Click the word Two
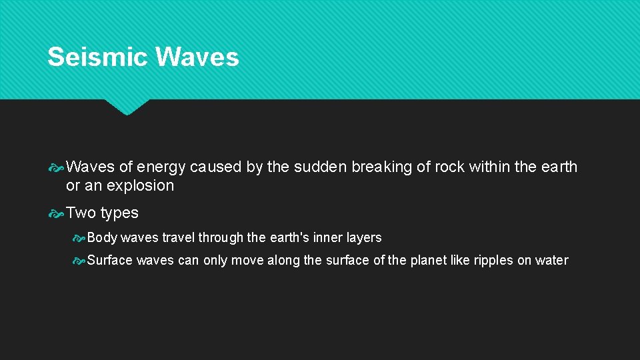point(81,213)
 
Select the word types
point(119,213)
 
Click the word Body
point(102,237)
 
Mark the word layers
point(365,238)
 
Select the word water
point(552,260)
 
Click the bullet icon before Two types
point(57,213)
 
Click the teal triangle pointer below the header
point(127,107)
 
